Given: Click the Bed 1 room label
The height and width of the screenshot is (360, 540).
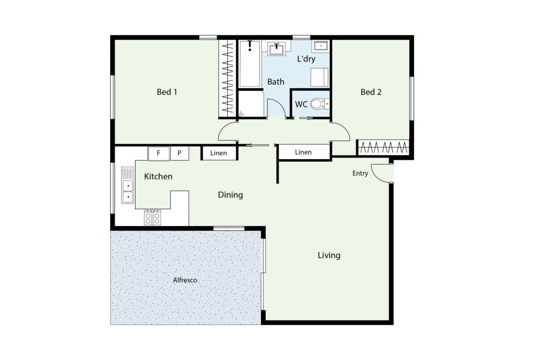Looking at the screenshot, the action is (167, 92).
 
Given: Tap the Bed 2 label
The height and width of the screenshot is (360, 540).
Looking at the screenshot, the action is (371, 92).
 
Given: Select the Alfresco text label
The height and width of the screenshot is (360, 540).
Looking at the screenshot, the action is (185, 280).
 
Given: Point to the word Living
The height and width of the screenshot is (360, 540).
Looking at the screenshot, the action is (329, 255).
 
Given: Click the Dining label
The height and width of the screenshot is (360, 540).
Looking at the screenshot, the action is (230, 195).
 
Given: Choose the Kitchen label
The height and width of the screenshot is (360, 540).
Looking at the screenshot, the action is (158, 176).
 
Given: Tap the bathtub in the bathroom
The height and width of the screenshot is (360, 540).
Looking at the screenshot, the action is (249, 64).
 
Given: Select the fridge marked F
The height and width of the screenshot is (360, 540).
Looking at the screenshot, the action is (158, 153).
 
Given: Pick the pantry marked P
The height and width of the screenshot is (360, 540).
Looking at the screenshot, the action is (179, 153).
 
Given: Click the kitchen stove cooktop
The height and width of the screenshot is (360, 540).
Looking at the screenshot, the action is (152, 217).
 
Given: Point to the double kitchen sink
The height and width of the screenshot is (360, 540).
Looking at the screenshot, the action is (128, 185).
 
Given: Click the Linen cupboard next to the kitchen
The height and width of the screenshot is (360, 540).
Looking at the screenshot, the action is (219, 153).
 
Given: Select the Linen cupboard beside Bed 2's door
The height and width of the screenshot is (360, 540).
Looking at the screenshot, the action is (304, 152).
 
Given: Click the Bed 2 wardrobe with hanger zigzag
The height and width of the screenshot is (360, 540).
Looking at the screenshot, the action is (383, 148).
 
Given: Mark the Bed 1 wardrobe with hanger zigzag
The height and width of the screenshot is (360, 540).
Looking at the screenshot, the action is (227, 79).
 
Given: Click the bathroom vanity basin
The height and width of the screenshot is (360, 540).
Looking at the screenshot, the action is (276, 48).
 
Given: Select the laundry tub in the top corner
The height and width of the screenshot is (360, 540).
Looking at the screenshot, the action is (321, 45).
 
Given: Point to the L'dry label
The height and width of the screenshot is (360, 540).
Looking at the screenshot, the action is (306, 59).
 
